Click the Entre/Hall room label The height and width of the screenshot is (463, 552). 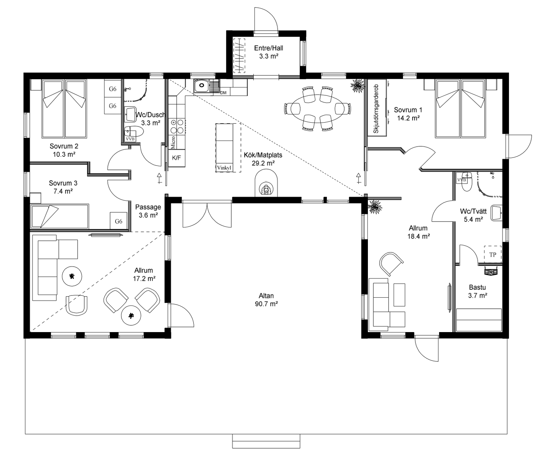pyautogui.click(x=268, y=52)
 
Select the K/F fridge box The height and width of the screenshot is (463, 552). pyautogui.click(x=177, y=158)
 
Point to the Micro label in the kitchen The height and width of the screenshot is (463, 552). pyautogui.click(x=173, y=142)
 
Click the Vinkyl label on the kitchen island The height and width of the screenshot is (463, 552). pyautogui.click(x=224, y=168)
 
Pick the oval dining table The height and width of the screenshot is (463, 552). pyautogui.click(x=317, y=108)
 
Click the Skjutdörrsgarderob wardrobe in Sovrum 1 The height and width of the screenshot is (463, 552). pyautogui.click(x=377, y=108)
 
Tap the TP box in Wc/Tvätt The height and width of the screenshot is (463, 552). pyautogui.click(x=493, y=255)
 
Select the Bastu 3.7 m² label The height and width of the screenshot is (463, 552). pyautogui.click(x=477, y=291)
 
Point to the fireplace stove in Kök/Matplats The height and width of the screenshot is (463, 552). pyautogui.click(x=266, y=185)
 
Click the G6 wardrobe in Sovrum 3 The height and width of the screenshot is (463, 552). pyautogui.click(x=119, y=221)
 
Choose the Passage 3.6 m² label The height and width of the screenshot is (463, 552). pyautogui.click(x=148, y=211)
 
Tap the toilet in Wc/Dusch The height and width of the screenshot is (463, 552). pyautogui.click(x=134, y=133)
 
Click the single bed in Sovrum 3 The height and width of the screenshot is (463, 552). pyautogui.click(x=60, y=216)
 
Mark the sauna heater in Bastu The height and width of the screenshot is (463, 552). pyautogui.click(x=491, y=271)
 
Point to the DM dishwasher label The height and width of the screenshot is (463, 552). pyautogui.click(x=223, y=93)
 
